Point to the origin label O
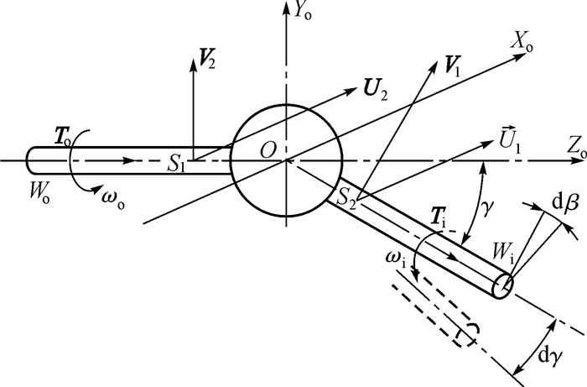pos(268,149)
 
